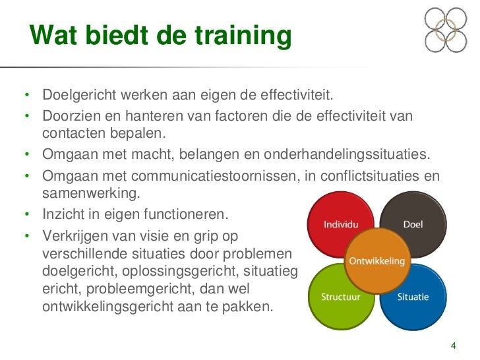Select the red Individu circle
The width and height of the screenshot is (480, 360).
[x=336, y=221]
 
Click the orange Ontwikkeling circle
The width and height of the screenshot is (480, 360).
[x=376, y=260]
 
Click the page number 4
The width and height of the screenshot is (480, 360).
[x=453, y=346]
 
